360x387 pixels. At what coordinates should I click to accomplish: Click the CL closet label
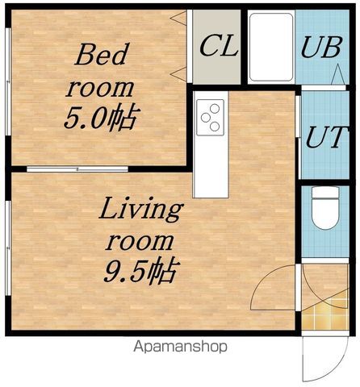pyautogui.click(x=219, y=47)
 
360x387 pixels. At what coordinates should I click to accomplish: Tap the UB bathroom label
pyautogui.click(x=321, y=47)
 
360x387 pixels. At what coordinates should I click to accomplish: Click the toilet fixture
pyautogui.click(x=325, y=208)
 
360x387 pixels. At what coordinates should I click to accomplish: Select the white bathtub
pyautogui.click(x=271, y=47)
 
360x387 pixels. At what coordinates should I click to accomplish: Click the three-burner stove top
pyautogui.click(x=210, y=117)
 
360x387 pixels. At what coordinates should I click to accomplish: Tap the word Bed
pyautogui.click(x=101, y=54)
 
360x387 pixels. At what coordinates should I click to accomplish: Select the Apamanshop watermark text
pyautogui.click(x=180, y=347)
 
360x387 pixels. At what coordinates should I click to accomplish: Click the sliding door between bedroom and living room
pyautogui.click(x=77, y=169)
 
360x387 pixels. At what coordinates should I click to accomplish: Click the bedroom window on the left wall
pyautogui.click(x=8, y=81)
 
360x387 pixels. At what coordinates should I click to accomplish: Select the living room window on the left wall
pyautogui.click(x=8, y=248)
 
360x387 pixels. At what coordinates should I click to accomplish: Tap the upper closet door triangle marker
pyautogui.click(x=178, y=19)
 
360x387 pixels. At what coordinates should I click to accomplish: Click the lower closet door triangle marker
pyautogui.click(x=178, y=74)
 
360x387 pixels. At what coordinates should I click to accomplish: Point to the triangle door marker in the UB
pyautogui.click(x=337, y=75)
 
